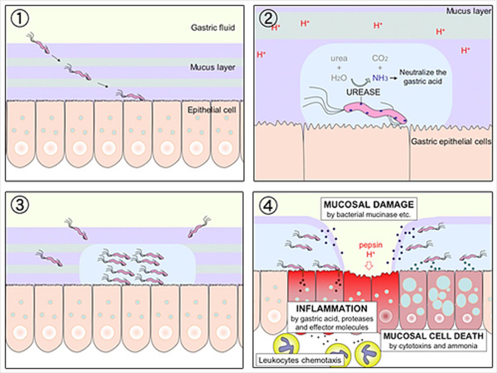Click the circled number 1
tap(20, 19)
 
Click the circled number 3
tap(20, 205)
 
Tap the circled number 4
tap(268, 206)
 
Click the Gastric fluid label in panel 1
tap(213, 28)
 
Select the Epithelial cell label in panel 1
tap(212, 110)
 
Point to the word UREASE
tap(363, 92)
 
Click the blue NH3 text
tap(380, 78)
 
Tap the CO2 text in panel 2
tap(380, 58)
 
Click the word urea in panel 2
tap(339, 58)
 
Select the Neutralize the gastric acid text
tap(423, 77)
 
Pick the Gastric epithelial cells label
tap(451, 142)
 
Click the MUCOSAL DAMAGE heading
tap(369, 204)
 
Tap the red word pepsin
tap(370, 245)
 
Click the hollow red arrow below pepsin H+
tap(369, 266)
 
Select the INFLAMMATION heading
tap(331, 308)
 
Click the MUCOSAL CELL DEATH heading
tap(433, 336)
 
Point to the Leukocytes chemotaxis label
tap(300, 360)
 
